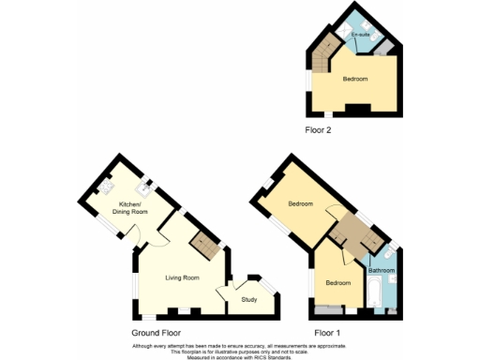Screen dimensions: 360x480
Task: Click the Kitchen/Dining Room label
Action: [x=131, y=208]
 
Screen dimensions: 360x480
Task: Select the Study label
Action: [x=248, y=299]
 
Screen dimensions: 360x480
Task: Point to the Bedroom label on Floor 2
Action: [x=353, y=80]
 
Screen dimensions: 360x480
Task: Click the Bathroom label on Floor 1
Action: [x=382, y=271]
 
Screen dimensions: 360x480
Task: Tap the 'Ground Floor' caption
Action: [x=156, y=333]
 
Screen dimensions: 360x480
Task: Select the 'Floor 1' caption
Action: [x=327, y=333]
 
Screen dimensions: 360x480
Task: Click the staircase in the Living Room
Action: [x=204, y=247]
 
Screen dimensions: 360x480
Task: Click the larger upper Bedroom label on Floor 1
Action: [x=300, y=203]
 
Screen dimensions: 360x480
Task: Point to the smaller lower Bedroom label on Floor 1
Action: [x=337, y=282]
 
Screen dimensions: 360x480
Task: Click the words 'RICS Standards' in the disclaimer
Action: [x=278, y=356]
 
